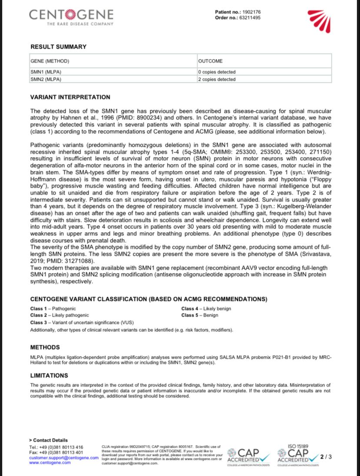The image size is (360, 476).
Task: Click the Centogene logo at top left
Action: click(x=71, y=17)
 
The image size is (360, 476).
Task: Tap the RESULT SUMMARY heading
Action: click(x=58, y=47)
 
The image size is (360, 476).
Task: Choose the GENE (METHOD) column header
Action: click(x=50, y=61)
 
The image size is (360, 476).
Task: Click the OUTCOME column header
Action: click(x=210, y=61)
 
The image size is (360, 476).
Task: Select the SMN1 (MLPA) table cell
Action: click(x=46, y=72)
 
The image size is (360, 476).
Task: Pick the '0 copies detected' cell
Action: click(x=217, y=72)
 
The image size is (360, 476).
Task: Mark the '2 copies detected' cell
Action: click(x=217, y=79)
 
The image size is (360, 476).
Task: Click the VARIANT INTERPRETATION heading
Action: click(x=70, y=97)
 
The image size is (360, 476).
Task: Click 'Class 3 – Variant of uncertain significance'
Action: click(x=82, y=323)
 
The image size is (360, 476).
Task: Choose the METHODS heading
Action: click(x=45, y=347)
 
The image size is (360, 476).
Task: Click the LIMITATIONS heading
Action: click(x=49, y=375)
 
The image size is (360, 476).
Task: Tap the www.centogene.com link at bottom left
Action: click(x=50, y=463)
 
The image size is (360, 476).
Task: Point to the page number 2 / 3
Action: click(x=326, y=456)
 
